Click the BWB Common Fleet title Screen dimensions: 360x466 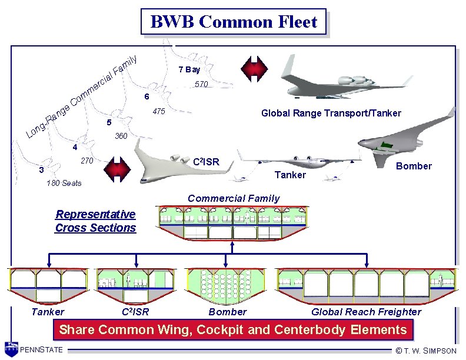234,22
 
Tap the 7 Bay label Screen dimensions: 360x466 189,69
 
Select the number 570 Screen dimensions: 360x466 201,84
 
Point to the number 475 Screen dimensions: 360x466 158,112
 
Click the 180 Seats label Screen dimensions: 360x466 64,183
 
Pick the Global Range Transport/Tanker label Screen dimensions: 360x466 331,113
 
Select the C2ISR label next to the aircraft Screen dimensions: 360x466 206,161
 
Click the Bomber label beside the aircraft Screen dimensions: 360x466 414,166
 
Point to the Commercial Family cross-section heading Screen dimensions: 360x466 234,198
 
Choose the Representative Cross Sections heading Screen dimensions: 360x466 95,221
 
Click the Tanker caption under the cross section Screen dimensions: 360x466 48,312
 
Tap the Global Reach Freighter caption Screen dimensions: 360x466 366,312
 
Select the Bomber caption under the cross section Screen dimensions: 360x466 228,312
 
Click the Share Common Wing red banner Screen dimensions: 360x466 233,330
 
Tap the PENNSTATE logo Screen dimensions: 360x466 35,349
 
